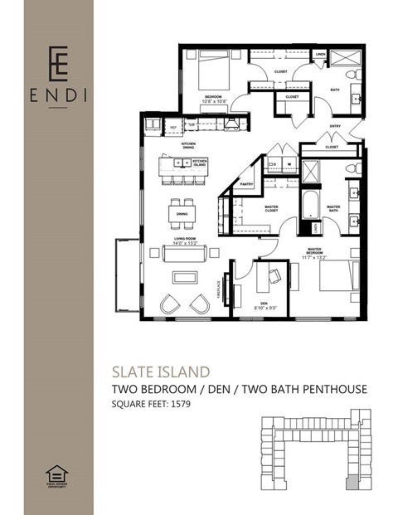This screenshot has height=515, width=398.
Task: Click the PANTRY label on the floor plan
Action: (245, 184)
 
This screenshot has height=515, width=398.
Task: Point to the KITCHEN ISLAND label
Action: (199, 162)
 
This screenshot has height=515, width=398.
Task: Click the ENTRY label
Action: (335, 126)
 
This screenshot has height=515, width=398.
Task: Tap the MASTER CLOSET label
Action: (271, 209)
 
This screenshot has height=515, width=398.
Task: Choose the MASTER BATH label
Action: (333, 208)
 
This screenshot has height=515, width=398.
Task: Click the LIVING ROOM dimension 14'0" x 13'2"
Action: (184, 244)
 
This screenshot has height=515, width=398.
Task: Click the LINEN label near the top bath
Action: (320, 56)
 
